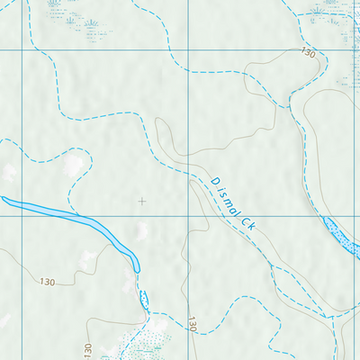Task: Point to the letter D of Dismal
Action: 215,182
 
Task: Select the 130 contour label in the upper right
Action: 309,54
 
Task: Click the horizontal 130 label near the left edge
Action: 48,282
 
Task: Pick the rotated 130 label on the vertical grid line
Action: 192,324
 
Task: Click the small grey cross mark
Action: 141,201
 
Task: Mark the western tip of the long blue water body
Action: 4,199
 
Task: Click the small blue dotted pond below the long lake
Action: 142,298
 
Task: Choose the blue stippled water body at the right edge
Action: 340,236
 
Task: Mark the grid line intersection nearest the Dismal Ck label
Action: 187,216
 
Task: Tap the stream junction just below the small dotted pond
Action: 146,315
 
